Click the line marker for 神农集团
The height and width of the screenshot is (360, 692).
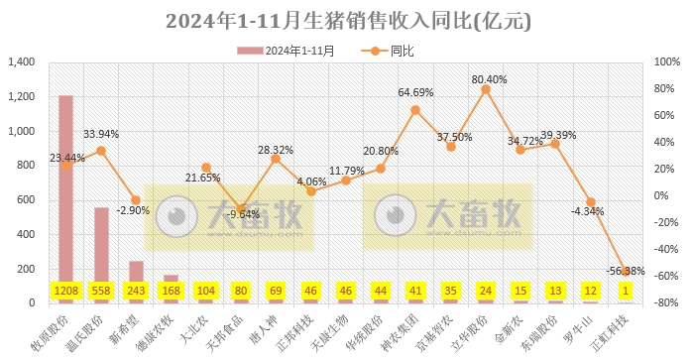415,110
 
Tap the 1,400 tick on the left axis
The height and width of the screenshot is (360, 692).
21,62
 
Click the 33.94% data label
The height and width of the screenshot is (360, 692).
101,134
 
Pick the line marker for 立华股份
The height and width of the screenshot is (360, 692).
486,89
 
